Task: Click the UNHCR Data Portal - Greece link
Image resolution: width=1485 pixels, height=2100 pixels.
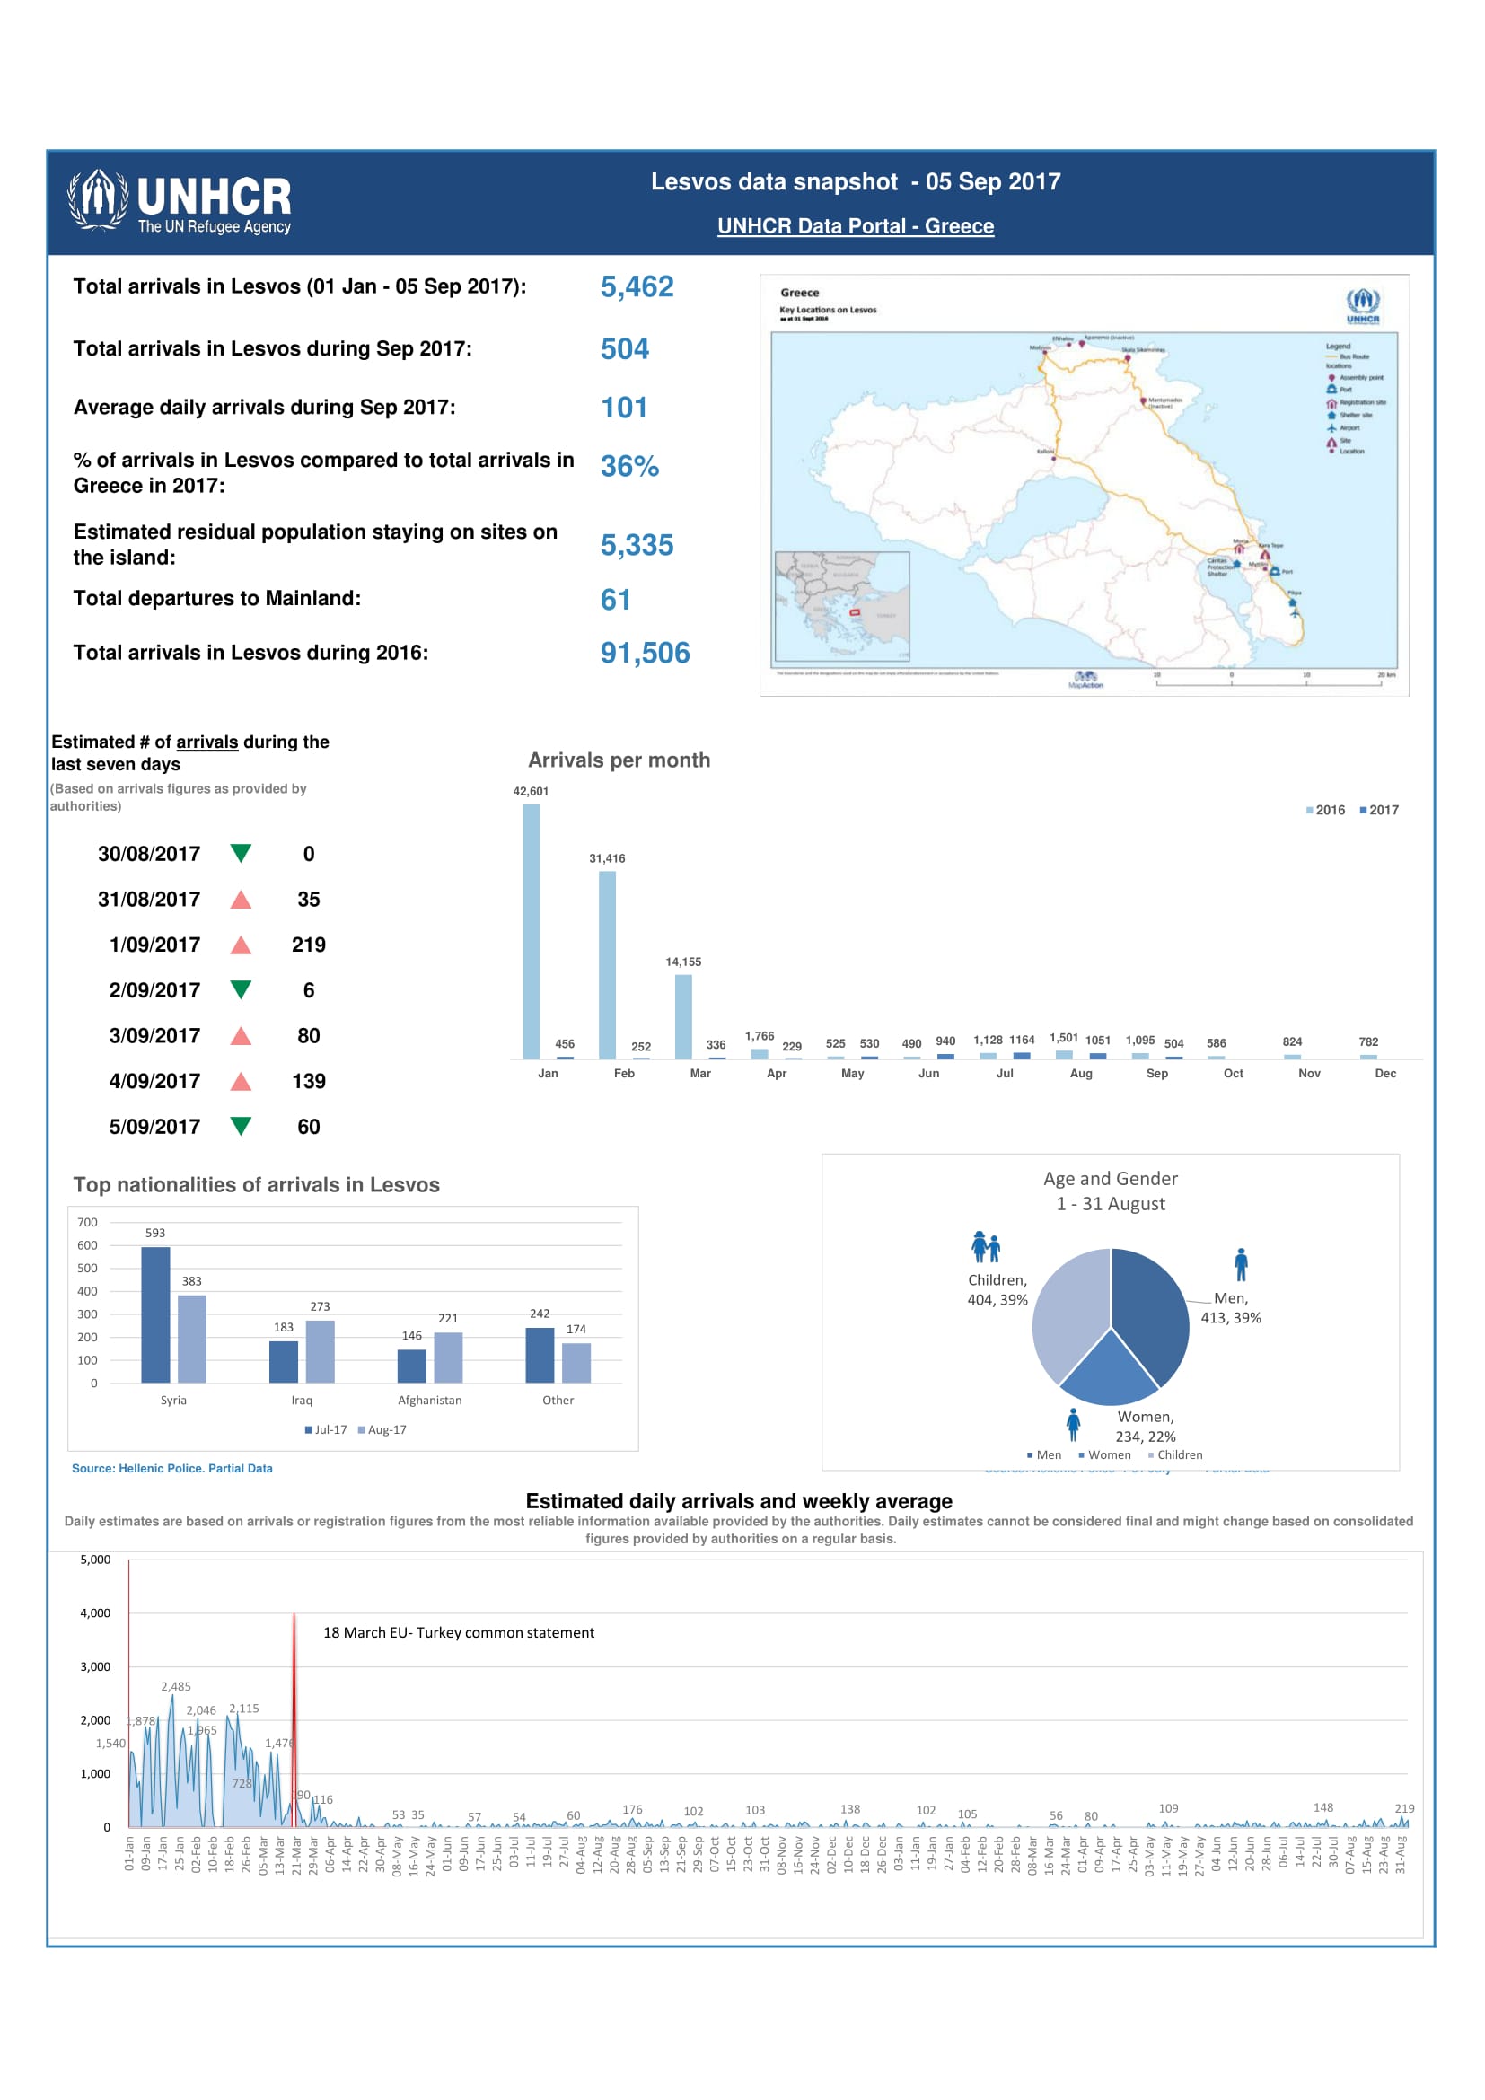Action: (x=855, y=226)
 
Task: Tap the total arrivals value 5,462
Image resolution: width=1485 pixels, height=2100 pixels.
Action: (x=637, y=287)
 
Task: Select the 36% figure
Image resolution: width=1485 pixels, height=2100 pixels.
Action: (x=629, y=467)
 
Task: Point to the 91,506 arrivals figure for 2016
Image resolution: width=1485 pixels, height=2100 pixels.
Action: (x=645, y=653)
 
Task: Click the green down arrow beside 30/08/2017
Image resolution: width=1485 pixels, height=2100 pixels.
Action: (x=241, y=853)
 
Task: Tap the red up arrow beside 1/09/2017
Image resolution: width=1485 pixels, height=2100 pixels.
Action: (x=241, y=945)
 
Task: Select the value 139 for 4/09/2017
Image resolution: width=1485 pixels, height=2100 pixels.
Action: (x=308, y=1081)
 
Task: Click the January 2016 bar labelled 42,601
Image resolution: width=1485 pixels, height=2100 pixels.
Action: (x=532, y=931)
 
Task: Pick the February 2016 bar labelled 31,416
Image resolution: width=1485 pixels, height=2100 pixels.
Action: (x=607, y=964)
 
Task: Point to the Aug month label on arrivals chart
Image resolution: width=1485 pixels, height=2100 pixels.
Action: (x=1081, y=1073)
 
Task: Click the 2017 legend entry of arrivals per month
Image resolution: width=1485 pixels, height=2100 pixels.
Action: (x=1379, y=811)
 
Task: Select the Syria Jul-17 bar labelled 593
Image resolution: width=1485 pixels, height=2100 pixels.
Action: (x=155, y=1314)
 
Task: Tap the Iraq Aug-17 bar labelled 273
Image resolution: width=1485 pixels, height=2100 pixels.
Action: (x=320, y=1351)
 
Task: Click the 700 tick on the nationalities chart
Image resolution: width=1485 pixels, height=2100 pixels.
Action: (x=88, y=1222)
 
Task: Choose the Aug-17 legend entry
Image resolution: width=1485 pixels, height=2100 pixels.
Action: (x=382, y=1429)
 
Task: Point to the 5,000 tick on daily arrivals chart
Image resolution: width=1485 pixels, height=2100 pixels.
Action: (x=95, y=1560)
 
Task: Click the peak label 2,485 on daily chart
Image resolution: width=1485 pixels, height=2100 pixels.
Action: (x=176, y=1687)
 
